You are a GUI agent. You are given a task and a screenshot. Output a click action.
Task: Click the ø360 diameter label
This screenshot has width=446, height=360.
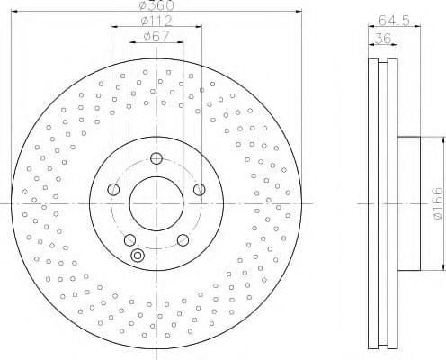point(156,7)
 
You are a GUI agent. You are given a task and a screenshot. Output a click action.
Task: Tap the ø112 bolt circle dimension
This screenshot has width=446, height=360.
point(156,22)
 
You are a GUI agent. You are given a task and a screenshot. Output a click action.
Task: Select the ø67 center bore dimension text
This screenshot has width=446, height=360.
point(156,37)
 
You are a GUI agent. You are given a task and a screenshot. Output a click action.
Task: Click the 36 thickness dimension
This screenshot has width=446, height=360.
point(382,37)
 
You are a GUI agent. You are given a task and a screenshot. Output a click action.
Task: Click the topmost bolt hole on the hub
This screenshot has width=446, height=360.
point(156,159)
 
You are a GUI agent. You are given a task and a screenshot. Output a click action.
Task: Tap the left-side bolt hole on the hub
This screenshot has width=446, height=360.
point(113,190)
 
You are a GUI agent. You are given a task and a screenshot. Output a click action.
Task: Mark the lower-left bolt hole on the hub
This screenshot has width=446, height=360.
point(129,239)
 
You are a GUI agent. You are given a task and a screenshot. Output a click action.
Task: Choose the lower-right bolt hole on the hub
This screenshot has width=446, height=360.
point(183,239)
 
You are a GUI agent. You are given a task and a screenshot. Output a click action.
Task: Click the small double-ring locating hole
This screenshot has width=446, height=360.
point(137,256)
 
